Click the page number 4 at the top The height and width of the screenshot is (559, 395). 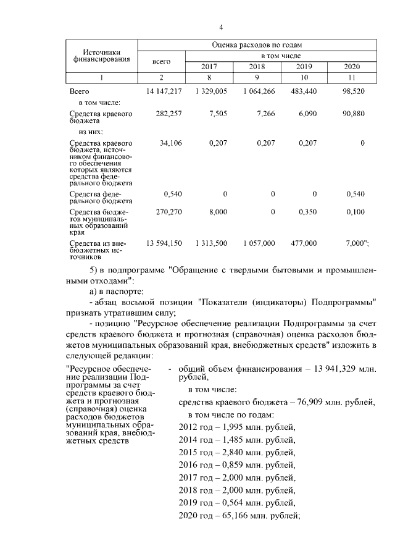click(220, 28)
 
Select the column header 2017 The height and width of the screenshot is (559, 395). click(209, 67)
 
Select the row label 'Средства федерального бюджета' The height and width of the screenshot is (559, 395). click(101, 197)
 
